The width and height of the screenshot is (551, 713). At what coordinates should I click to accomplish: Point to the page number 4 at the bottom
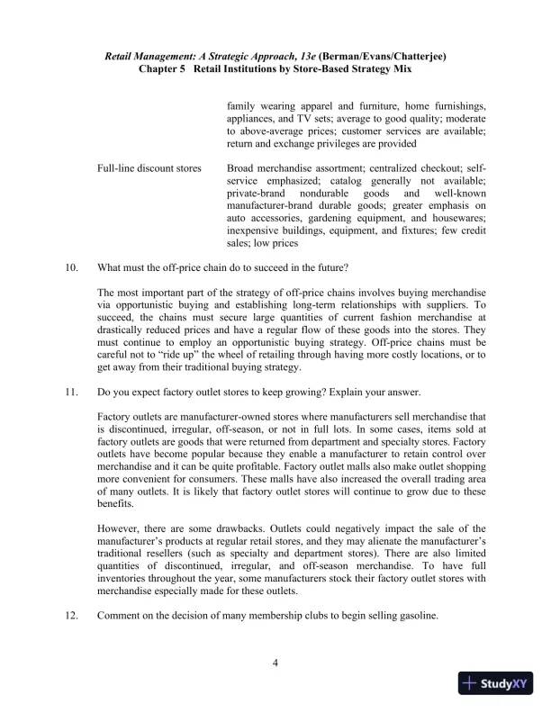[x=275, y=664]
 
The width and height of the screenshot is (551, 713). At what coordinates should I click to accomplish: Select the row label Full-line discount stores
[x=149, y=168]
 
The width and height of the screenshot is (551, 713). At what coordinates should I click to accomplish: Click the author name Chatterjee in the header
[x=415, y=56]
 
